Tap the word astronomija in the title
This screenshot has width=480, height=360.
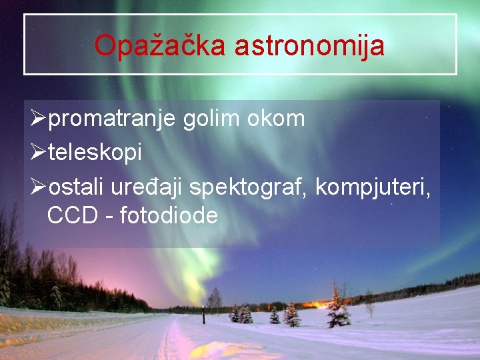(309, 45)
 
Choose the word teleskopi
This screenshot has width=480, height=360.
(95, 153)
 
